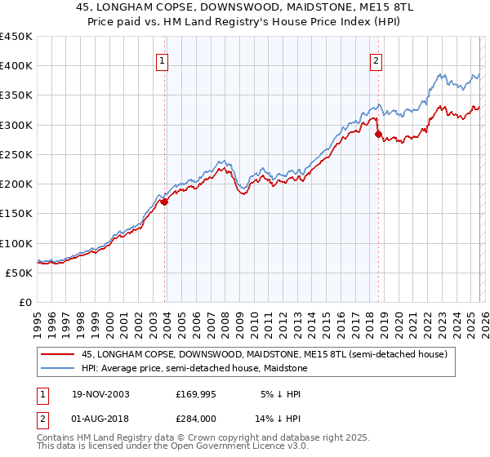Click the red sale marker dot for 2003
coord(164,202)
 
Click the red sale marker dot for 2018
coord(377,135)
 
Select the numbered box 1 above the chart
coord(163,60)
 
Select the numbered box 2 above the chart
coord(376,60)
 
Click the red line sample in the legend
coord(57,355)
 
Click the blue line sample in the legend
coord(57,369)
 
